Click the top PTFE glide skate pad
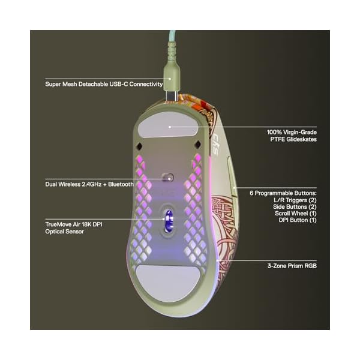(170, 127)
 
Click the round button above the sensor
(170, 177)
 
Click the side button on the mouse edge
(232, 175)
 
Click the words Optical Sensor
(64, 231)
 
